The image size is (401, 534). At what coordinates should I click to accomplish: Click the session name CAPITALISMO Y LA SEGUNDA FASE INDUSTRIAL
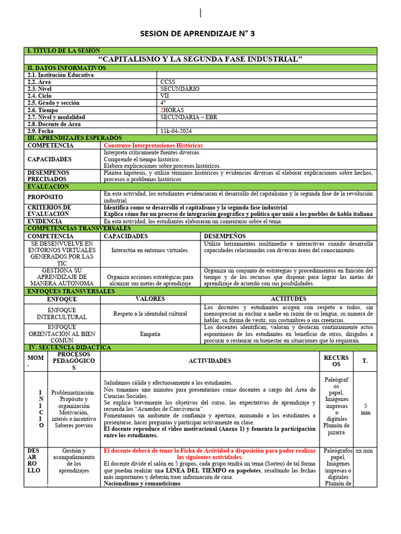tap(200, 59)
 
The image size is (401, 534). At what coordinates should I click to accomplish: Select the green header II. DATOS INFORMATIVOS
tap(66, 68)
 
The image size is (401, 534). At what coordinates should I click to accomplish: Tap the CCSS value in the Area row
tap(168, 82)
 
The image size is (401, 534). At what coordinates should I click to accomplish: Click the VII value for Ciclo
tap(164, 96)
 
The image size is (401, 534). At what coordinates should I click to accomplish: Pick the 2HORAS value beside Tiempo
tap(172, 110)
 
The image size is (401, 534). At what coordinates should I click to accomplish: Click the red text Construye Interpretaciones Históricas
tap(153, 145)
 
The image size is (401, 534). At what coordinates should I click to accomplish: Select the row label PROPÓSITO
tap(45, 197)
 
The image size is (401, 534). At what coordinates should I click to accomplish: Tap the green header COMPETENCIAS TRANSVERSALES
tap(79, 228)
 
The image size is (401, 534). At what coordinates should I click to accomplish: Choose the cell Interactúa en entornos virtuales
tap(150, 250)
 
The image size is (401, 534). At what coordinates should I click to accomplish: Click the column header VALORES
tap(150, 299)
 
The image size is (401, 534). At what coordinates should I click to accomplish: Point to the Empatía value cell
tap(150, 334)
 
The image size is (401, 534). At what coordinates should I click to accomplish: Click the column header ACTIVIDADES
tap(209, 361)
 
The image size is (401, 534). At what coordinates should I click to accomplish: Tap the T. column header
tap(365, 361)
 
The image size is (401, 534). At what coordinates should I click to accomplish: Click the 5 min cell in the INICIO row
tap(365, 408)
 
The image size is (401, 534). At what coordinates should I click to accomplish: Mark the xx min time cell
tap(365, 451)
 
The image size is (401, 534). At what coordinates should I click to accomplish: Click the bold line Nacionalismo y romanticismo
tap(142, 483)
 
